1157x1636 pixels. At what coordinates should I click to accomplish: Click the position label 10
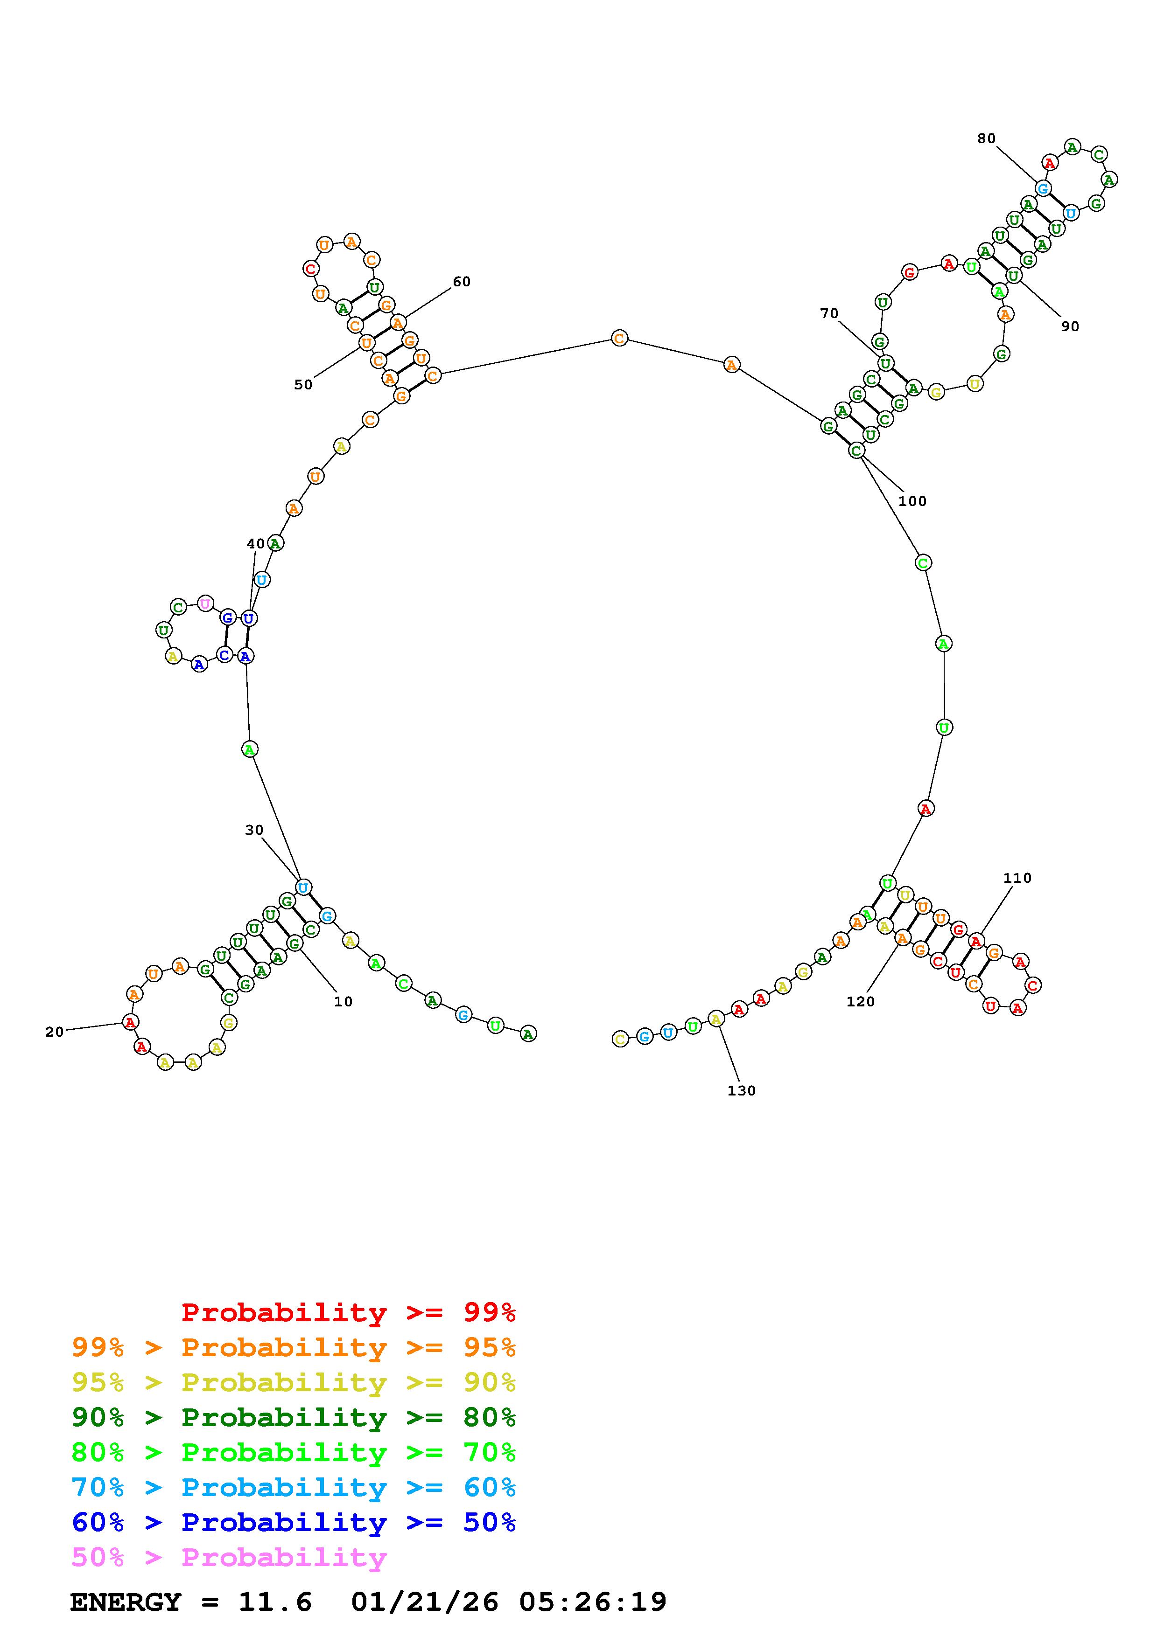click(x=344, y=1001)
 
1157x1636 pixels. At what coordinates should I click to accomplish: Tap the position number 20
click(x=54, y=1031)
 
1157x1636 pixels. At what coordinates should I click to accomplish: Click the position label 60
click(x=462, y=282)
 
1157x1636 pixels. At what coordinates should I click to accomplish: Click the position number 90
click(x=1070, y=326)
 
